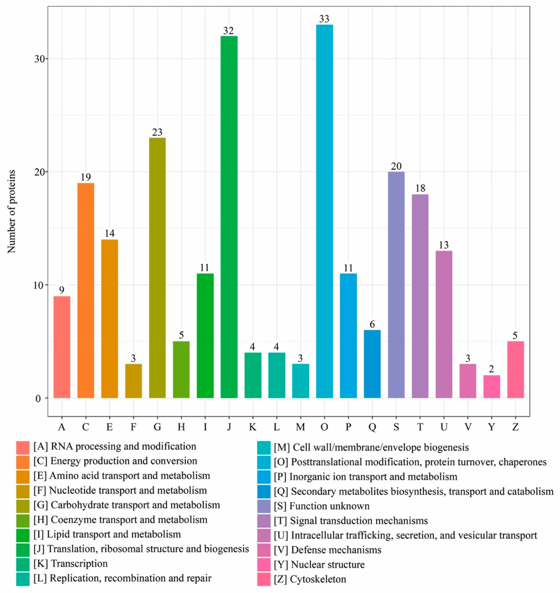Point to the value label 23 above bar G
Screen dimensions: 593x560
point(157,132)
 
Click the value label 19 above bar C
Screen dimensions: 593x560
point(86,178)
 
